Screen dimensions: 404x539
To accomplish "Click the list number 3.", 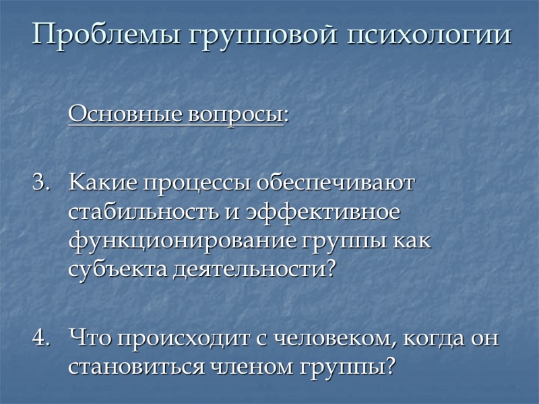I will click(40, 183).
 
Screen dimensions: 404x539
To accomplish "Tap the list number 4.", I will click(40, 338).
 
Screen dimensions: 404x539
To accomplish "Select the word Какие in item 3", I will click(102, 183).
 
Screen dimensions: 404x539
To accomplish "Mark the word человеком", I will click(324, 338).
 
